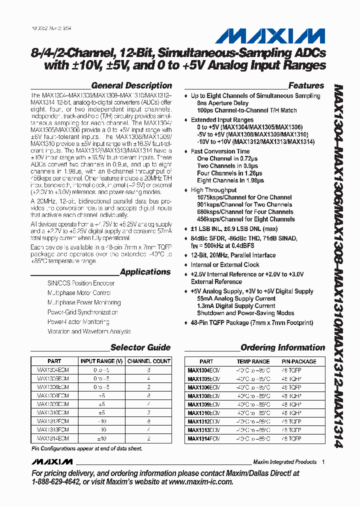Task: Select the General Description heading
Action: click(131, 85)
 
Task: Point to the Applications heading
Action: click(145, 272)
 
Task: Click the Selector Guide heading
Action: click(140, 347)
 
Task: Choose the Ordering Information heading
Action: click(282, 347)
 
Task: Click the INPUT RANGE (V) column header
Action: click(101, 361)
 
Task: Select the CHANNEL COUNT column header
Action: click(149, 361)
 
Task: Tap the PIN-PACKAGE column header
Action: click(298, 361)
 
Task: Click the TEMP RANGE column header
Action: click(253, 361)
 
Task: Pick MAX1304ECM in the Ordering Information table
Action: click(203, 370)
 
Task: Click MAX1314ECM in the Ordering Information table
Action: click(203, 438)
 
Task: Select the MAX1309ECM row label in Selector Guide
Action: click(53, 403)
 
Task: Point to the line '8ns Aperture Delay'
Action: click(222, 103)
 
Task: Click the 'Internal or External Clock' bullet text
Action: click(225, 265)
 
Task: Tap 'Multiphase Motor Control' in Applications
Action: click(79, 293)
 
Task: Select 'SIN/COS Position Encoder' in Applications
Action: click(81, 283)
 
